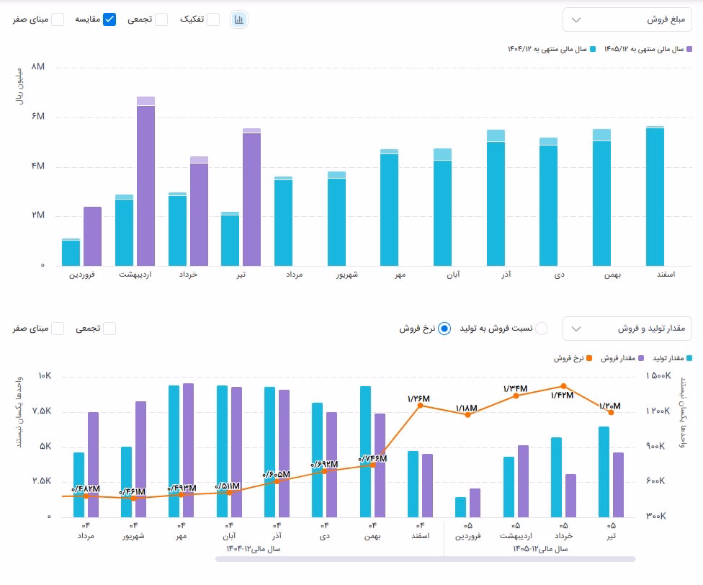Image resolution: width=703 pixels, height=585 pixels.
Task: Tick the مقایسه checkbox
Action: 109,19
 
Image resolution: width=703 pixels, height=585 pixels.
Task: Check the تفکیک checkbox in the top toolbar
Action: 213,19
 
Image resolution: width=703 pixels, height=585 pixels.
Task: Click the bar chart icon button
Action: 239,19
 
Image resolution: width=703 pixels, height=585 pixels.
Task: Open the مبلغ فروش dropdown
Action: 627,19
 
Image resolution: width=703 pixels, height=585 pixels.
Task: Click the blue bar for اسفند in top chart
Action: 655,196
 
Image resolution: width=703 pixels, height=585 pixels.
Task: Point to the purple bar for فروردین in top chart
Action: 92,236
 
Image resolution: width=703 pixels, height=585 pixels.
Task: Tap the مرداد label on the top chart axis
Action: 294,274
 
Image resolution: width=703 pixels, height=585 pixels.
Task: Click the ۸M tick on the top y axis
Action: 38,67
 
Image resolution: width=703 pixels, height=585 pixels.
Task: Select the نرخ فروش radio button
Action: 444,329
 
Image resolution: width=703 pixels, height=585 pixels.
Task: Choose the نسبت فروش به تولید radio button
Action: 542,329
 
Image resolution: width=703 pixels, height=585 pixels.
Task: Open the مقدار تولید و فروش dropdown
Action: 627,329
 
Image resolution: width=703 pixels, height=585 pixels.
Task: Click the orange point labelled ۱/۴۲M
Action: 563,386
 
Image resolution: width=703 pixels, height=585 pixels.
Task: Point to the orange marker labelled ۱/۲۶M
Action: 420,405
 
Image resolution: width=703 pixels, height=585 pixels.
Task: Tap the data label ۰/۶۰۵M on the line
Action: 276,474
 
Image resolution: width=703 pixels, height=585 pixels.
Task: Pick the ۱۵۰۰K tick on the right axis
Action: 658,375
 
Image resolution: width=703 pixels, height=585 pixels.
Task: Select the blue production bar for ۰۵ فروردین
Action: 460,507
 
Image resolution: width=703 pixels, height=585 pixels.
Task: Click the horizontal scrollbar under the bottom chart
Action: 425,559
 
